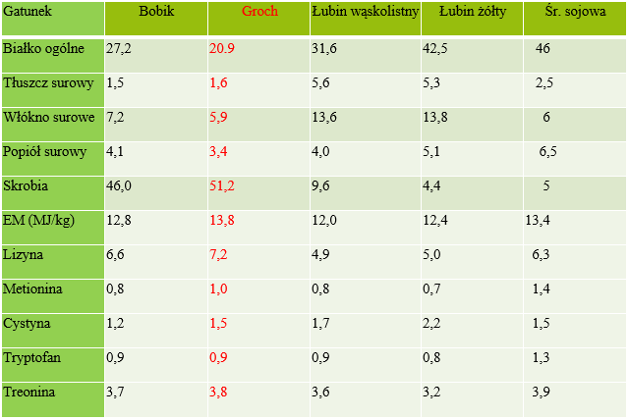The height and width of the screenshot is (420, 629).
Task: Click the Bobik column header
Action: pos(156,13)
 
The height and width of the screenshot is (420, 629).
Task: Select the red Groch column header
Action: pos(259,13)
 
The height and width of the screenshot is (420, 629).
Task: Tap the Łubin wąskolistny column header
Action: pos(364,13)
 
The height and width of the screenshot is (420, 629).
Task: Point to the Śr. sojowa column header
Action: pos(577,13)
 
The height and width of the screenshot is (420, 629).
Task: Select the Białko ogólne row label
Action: pos(43,48)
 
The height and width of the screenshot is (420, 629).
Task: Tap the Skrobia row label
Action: pos(27,184)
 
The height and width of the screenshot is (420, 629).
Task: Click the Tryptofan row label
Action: pos(32,357)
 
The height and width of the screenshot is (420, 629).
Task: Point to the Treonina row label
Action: pos(30,392)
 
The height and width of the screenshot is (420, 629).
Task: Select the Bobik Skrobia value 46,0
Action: pos(119,184)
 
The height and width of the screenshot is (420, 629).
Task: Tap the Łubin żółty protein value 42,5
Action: pos(436,48)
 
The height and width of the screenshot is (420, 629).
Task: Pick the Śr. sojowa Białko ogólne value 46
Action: pos(543,48)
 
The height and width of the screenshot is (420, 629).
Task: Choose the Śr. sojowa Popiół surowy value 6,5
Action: pos(547,151)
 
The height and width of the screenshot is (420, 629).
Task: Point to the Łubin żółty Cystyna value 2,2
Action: pos(432,323)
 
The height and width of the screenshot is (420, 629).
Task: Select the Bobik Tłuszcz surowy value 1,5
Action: pos(115,82)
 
